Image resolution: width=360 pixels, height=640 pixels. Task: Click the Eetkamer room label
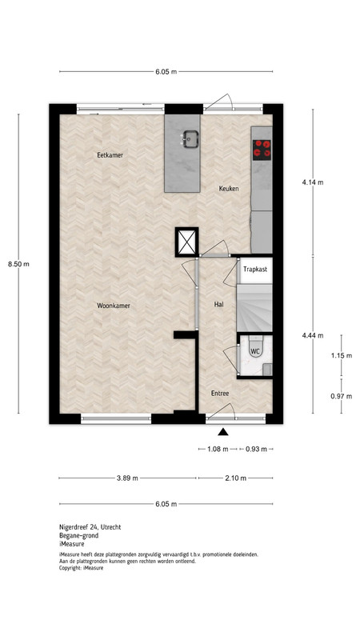[110, 155]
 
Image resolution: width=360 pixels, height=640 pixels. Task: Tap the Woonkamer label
[114, 306]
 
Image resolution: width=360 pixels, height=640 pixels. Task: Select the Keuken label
[229, 189]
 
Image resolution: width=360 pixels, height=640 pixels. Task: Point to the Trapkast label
[255, 270]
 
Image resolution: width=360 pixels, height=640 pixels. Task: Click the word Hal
[218, 305]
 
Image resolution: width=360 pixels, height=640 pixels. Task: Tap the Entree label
[219, 394]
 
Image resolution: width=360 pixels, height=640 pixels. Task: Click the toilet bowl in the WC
[255, 347]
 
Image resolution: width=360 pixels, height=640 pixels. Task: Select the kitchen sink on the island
[190, 138]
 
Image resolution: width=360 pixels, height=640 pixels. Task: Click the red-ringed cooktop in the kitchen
[262, 150]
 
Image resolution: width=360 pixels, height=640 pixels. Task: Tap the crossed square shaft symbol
[187, 242]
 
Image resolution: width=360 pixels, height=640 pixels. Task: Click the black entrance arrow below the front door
[222, 432]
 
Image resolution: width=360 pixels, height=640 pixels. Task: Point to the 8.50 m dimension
[18, 264]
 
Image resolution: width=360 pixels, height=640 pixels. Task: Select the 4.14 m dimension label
[313, 182]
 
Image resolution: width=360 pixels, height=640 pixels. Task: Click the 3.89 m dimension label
[127, 478]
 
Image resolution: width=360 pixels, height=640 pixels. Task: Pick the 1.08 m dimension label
[218, 449]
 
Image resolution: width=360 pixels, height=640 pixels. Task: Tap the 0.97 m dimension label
[342, 396]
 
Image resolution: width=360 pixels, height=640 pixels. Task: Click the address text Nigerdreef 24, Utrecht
[90, 527]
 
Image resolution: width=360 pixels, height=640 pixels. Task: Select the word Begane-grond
[78, 535]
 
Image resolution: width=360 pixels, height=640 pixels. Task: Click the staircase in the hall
[254, 308]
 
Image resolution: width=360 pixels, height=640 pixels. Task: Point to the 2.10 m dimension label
[236, 478]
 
